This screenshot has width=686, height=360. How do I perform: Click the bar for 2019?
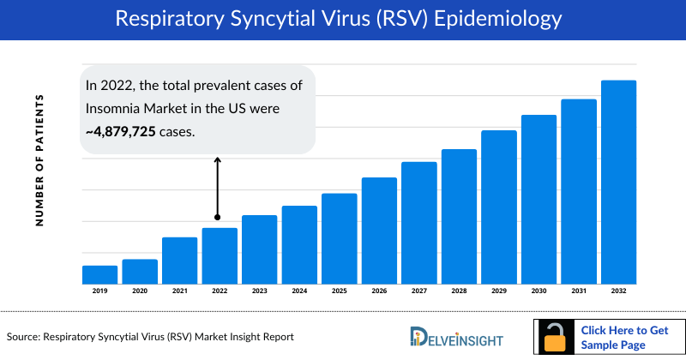click(x=99, y=274)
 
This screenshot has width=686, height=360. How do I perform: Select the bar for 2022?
click(x=220, y=255)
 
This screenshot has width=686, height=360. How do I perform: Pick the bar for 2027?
click(x=419, y=223)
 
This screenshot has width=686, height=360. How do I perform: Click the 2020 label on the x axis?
click(x=140, y=291)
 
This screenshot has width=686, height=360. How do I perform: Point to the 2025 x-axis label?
click(x=339, y=291)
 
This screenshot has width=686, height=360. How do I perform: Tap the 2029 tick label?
click(x=498, y=291)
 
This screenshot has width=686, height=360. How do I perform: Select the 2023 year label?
click(x=259, y=291)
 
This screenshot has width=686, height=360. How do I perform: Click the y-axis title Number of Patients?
click(x=39, y=161)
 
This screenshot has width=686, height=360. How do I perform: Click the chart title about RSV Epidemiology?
click(x=343, y=20)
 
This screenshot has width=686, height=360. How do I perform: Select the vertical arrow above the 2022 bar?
click(x=217, y=189)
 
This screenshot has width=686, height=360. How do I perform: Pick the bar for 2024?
click(x=299, y=244)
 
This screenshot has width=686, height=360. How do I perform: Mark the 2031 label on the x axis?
click(x=579, y=291)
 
